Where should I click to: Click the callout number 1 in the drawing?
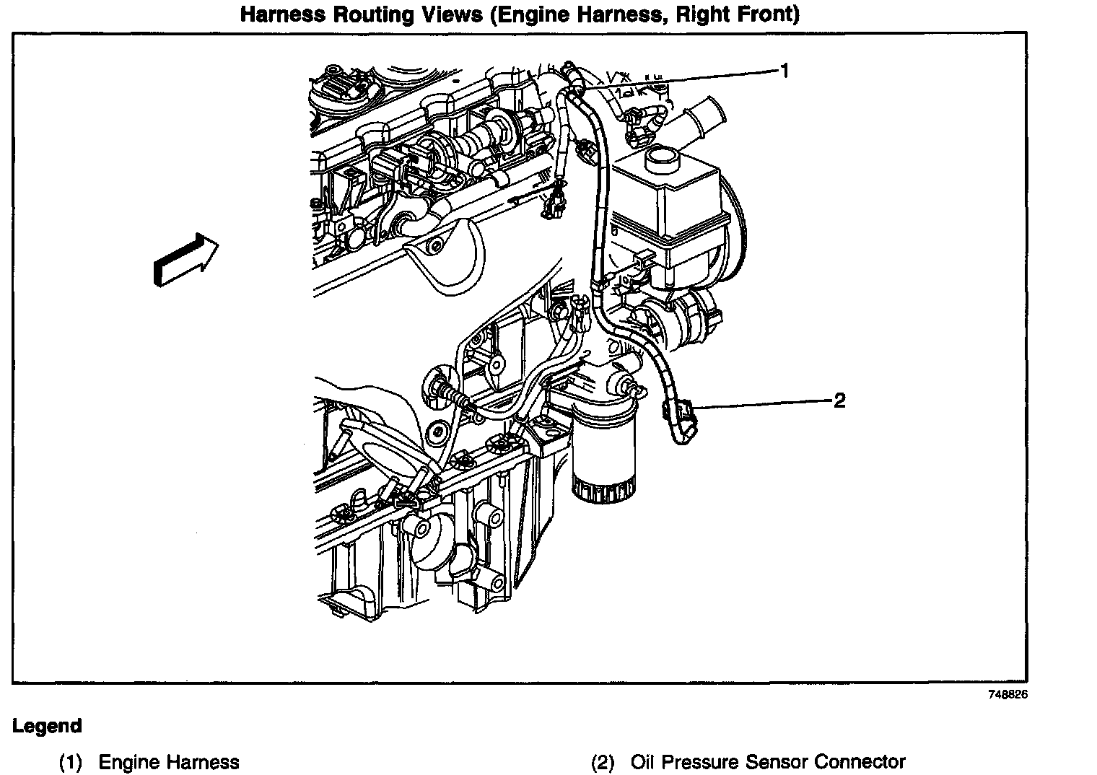(784, 71)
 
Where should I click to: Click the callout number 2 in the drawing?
(839, 400)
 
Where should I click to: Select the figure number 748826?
(1008, 695)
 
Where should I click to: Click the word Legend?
(47, 726)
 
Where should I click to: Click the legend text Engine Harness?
(169, 762)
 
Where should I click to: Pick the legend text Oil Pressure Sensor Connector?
(768, 762)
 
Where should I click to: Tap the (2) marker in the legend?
(603, 762)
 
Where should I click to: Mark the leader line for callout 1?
(678, 78)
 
